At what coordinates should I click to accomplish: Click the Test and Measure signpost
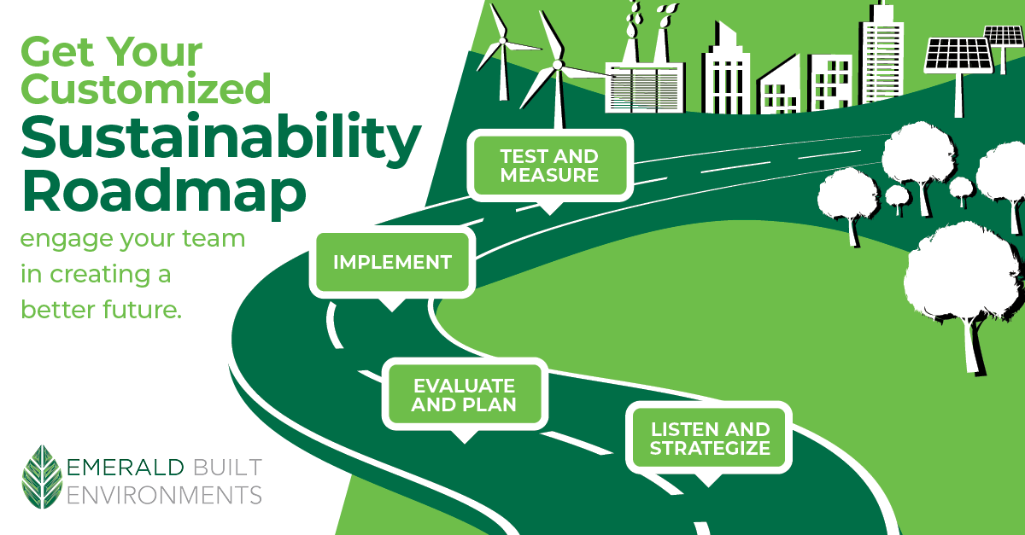[549, 166]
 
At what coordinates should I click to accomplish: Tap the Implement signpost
[392, 262]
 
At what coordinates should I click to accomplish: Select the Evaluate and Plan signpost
[464, 394]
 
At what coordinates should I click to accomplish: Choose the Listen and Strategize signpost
[710, 438]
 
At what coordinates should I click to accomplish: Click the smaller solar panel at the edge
[1004, 36]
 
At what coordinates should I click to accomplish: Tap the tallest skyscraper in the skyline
[882, 46]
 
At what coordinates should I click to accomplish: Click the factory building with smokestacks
[644, 81]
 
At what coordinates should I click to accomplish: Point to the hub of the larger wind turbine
[557, 65]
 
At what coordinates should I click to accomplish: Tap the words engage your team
[132, 239]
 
